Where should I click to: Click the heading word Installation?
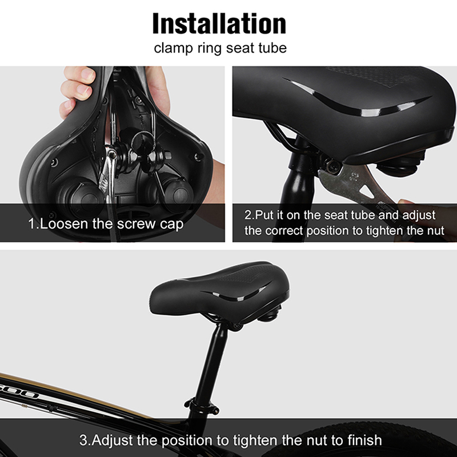(x=219, y=23)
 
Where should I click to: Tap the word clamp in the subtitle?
(x=173, y=48)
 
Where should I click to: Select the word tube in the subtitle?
(x=272, y=47)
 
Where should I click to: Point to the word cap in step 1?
(x=172, y=225)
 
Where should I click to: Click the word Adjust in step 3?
(x=113, y=440)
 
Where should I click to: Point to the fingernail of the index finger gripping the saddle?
(x=87, y=74)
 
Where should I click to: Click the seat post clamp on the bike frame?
(x=202, y=405)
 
